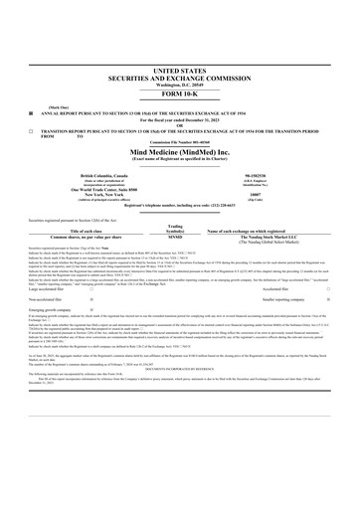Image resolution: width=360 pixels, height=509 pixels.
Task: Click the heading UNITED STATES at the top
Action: click(179, 73)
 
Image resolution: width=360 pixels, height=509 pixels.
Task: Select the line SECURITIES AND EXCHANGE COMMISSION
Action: click(179, 80)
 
